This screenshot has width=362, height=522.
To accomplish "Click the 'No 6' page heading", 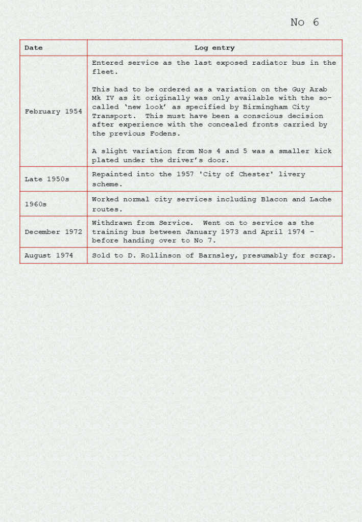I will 304,22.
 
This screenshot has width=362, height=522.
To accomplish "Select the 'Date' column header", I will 34,48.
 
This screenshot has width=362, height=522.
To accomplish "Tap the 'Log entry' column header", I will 214,48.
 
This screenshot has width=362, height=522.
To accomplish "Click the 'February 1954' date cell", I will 53,112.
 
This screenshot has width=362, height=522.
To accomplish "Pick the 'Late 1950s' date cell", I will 47,179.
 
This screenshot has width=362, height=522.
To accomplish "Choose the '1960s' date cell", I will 36,204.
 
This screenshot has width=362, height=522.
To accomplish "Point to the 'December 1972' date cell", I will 53,232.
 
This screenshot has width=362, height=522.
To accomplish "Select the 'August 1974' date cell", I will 49,255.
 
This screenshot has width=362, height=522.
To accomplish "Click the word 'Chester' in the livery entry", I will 256,174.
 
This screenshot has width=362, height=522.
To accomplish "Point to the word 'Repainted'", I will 112,174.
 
